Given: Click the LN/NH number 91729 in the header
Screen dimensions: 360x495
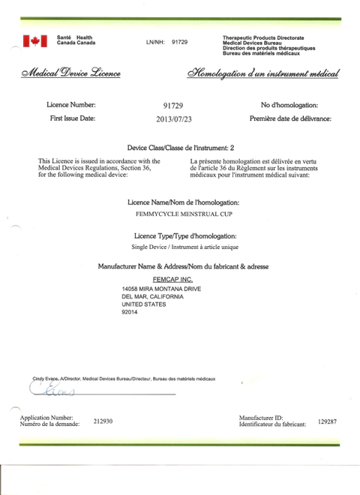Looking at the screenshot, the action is tap(179, 43).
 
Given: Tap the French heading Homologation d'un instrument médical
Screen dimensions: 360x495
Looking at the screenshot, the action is tap(262, 73).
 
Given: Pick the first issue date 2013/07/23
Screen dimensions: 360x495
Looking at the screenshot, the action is tap(174, 119).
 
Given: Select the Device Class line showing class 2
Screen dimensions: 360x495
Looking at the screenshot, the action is tap(181, 148).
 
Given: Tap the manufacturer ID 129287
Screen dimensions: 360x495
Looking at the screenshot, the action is tap(328, 421).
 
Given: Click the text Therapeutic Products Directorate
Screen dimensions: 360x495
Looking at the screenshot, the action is tap(262, 37).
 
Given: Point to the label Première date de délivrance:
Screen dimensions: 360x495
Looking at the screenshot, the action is tap(289, 119).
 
